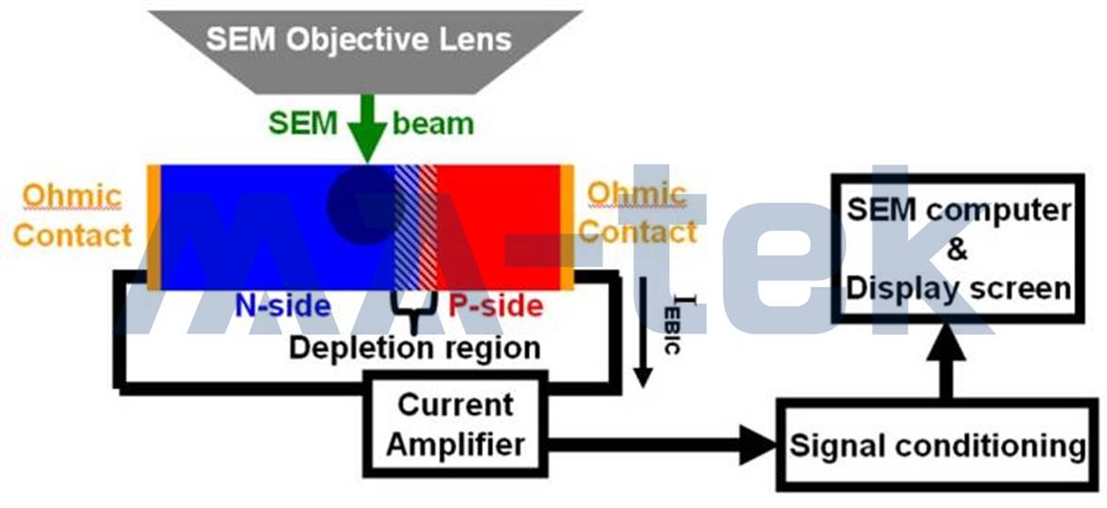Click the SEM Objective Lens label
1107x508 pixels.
point(359,40)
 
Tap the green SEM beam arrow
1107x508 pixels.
point(367,130)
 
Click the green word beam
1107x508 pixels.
point(433,123)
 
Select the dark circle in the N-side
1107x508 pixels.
point(364,205)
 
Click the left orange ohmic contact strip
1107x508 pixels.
point(153,228)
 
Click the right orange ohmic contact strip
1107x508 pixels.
point(567,228)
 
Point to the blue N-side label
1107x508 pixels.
point(282,306)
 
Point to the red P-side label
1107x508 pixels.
point(496,306)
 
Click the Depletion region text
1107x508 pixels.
point(415,348)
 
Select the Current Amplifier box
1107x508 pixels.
point(455,423)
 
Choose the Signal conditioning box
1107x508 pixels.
point(937,445)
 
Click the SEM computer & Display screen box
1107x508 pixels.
point(958,249)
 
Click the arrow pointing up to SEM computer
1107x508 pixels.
point(947,362)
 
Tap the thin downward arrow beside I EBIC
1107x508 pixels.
point(642,331)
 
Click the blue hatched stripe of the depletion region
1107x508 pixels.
point(407,228)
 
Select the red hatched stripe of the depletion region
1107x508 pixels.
point(428,228)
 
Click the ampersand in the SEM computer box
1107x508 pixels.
point(957,249)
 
